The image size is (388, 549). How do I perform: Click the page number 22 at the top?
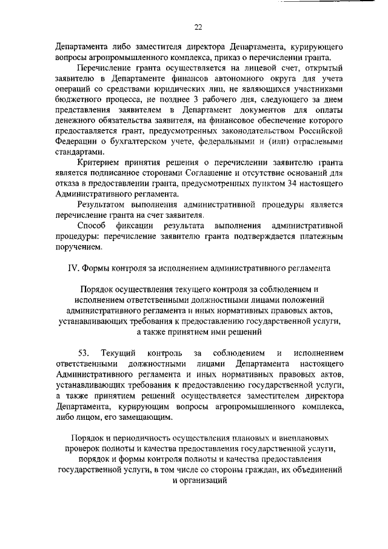click(198, 27)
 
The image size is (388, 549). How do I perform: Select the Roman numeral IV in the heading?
click(71, 267)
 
